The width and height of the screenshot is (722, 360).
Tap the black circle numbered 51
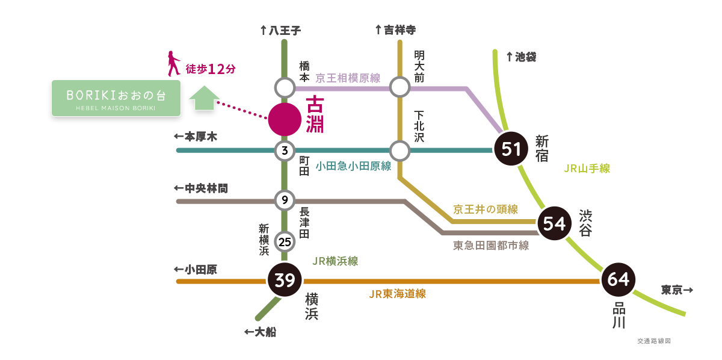511,149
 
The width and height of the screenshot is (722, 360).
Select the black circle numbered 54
554,223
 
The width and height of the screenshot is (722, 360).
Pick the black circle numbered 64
618,280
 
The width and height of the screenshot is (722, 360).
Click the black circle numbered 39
284,280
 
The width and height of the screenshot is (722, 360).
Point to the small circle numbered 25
285,242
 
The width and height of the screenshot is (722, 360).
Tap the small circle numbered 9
284,200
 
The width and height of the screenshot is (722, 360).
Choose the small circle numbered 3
284,151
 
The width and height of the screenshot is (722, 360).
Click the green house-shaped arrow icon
204,98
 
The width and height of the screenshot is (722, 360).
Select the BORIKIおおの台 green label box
116,98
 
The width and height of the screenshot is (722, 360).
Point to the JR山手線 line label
587,169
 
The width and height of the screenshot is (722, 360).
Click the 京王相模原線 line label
348,79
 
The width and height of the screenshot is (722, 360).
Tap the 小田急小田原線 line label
353,166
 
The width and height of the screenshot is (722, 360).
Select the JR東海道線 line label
398,294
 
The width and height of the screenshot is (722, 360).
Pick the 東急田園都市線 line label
490,246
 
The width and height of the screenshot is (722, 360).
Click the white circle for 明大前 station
399,88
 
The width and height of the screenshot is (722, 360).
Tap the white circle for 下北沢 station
399,150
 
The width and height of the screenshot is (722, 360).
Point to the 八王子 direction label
279,29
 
